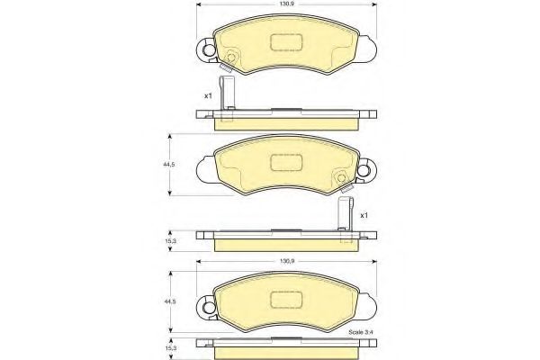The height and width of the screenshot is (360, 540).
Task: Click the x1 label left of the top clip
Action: [x=208, y=94]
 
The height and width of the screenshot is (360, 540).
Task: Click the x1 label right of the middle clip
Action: [x=364, y=216]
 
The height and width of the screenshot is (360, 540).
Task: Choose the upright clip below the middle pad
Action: [x=343, y=220]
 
